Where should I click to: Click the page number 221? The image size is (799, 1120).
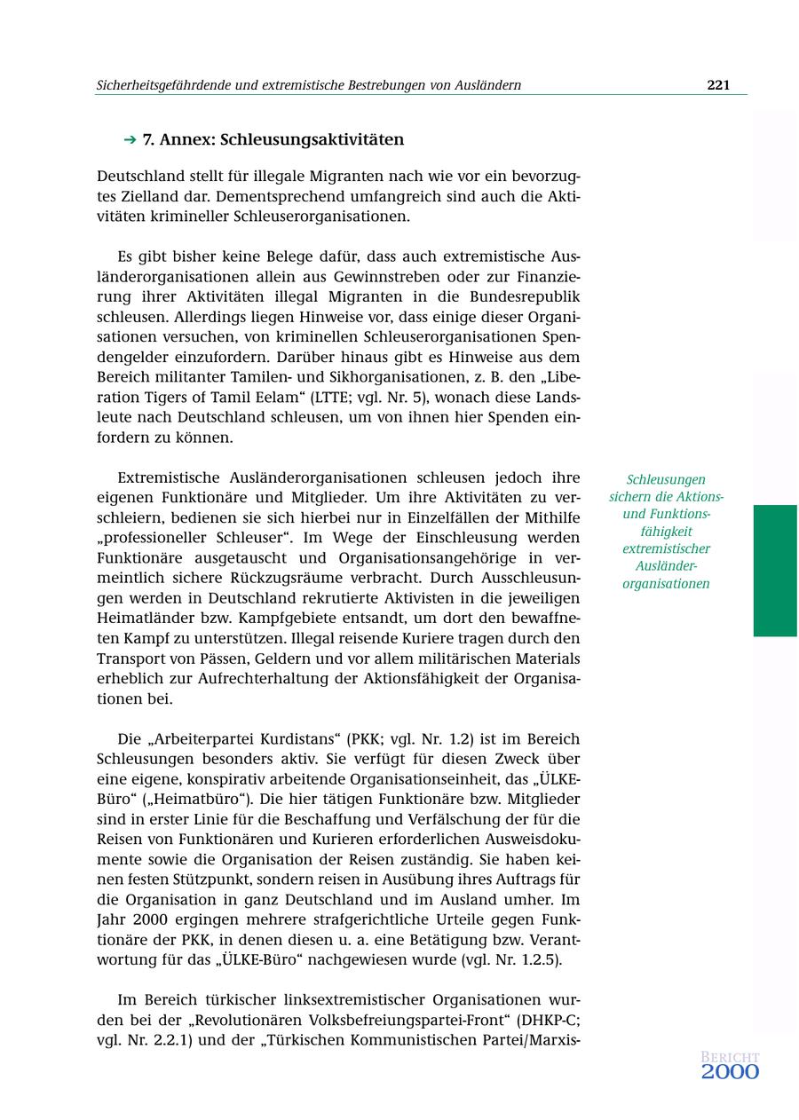(x=718, y=85)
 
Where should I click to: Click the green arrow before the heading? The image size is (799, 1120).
(x=130, y=140)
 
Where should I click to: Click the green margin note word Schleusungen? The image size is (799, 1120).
(x=666, y=479)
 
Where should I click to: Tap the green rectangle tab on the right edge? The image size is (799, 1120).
(x=775, y=570)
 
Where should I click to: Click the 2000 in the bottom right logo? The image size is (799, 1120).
(x=730, y=1072)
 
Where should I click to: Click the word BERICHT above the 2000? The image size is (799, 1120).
(x=730, y=1057)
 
